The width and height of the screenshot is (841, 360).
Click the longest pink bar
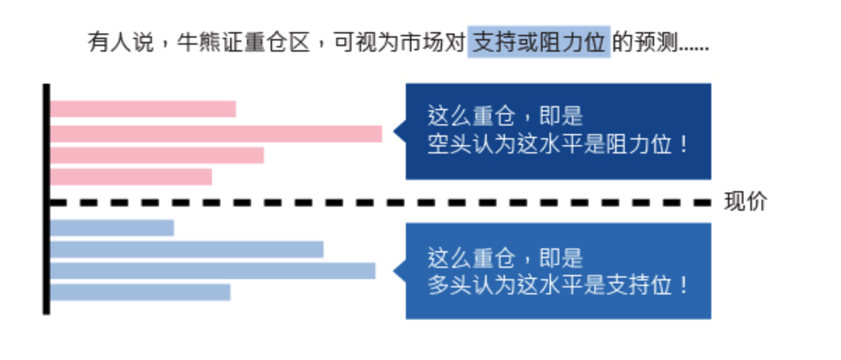pos(216,134)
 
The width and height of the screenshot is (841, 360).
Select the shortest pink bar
pos(131,177)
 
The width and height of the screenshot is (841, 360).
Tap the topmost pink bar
pos(143,109)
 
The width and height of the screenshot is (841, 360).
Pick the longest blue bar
pos(213,271)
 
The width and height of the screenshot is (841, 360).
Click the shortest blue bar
pos(112,227)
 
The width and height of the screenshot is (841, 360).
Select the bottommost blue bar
pos(140,292)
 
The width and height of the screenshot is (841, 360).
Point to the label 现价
pos(745,202)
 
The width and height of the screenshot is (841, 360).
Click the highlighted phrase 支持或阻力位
pos(539,42)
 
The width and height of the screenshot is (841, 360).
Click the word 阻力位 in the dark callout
pos(639,144)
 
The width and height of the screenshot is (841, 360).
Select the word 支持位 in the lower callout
pos(639,285)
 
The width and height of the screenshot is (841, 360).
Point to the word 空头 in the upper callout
pos(449,144)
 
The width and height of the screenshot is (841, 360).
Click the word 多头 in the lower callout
pos(449,285)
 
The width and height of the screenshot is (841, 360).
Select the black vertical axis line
pos(47,199)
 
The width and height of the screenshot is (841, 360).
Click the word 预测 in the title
pos(656,42)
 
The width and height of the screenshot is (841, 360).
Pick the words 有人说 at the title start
pos(121,42)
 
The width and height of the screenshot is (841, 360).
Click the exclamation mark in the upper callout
pos(683,144)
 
